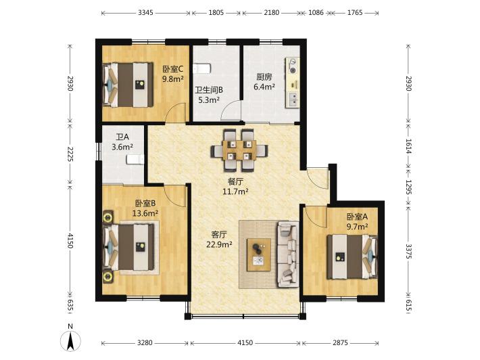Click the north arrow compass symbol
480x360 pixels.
(70, 340)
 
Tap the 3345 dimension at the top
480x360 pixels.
(145, 13)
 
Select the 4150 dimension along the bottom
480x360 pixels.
(245, 342)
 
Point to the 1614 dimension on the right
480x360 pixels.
(408, 146)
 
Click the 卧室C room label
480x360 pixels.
(172, 68)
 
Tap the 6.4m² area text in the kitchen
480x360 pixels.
(264, 87)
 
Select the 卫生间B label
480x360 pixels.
(209, 90)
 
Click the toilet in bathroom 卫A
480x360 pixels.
(135, 159)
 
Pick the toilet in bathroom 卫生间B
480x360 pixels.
(201, 68)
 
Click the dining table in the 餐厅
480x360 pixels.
(239, 150)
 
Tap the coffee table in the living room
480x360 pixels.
(259, 255)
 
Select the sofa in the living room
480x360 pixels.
(288, 254)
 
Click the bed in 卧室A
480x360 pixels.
(352, 256)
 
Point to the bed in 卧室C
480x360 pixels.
(128, 85)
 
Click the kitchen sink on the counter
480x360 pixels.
(293, 99)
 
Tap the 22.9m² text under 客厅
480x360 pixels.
(219, 244)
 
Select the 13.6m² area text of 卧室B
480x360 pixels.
(145, 213)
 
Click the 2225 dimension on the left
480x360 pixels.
(70, 154)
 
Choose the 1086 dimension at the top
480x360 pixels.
(316, 13)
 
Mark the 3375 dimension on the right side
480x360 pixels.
(408, 251)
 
